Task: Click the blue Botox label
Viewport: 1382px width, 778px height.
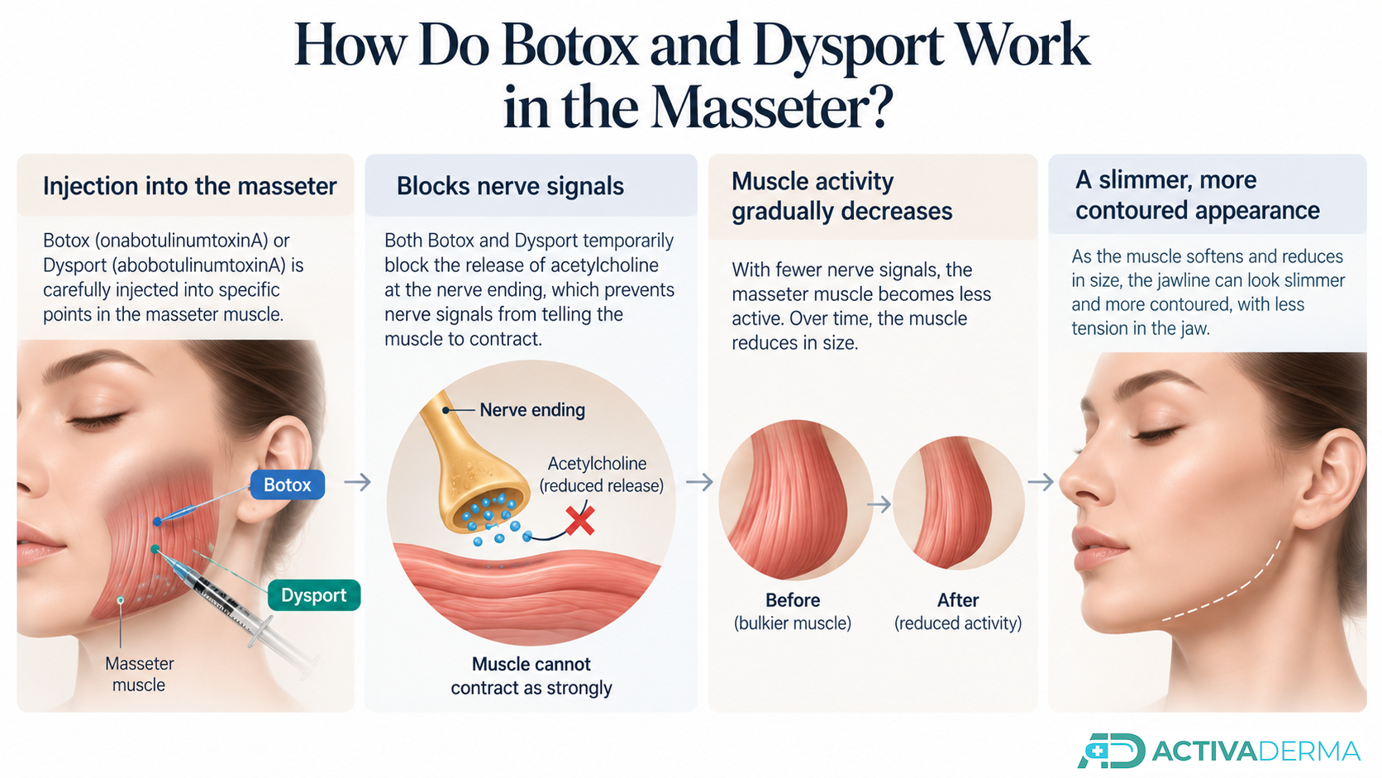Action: (x=288, y=485)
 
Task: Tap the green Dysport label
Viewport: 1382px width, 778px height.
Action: (x=314, y=595)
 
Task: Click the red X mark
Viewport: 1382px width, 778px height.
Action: (x=580, y=521)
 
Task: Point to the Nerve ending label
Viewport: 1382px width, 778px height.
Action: (x=532, y=410)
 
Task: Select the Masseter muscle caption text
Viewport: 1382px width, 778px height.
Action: (x=140, y=675)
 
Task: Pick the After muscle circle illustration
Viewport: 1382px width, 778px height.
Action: (x=958, y=503)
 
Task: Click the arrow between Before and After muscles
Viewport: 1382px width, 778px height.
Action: (x=879, y=504)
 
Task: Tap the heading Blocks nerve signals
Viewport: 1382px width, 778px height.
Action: (x=510, y=186)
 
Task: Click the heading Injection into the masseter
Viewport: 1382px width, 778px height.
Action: (x=190, y=186)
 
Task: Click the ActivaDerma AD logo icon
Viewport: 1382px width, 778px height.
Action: (x=1111, y=751)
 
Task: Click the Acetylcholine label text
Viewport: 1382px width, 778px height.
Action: (x=598, y=463)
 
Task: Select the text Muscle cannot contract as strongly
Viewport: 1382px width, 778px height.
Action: (x=531, y=676)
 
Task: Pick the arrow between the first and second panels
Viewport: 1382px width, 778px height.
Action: (x=358, y=482)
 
